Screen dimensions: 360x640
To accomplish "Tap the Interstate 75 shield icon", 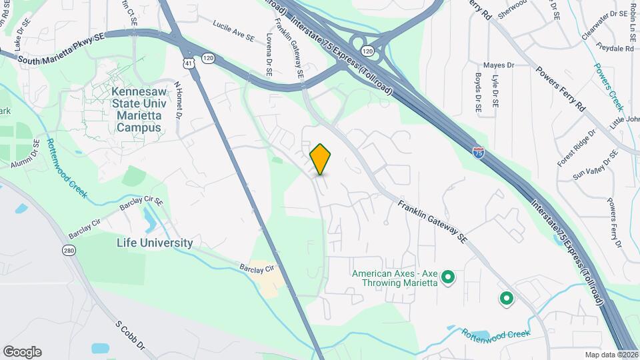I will [x=478, y=153].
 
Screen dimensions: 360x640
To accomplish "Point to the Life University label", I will [x=155, y=243].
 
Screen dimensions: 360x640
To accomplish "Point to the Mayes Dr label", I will [x=499, y=65].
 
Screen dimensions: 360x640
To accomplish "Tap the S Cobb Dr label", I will [x=130, y=337].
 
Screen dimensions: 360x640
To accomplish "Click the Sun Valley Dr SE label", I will [x=596, y=166].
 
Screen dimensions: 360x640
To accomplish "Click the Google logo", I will [x=22, y=351].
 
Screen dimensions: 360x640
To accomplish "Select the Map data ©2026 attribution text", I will [x=611, y=355].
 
